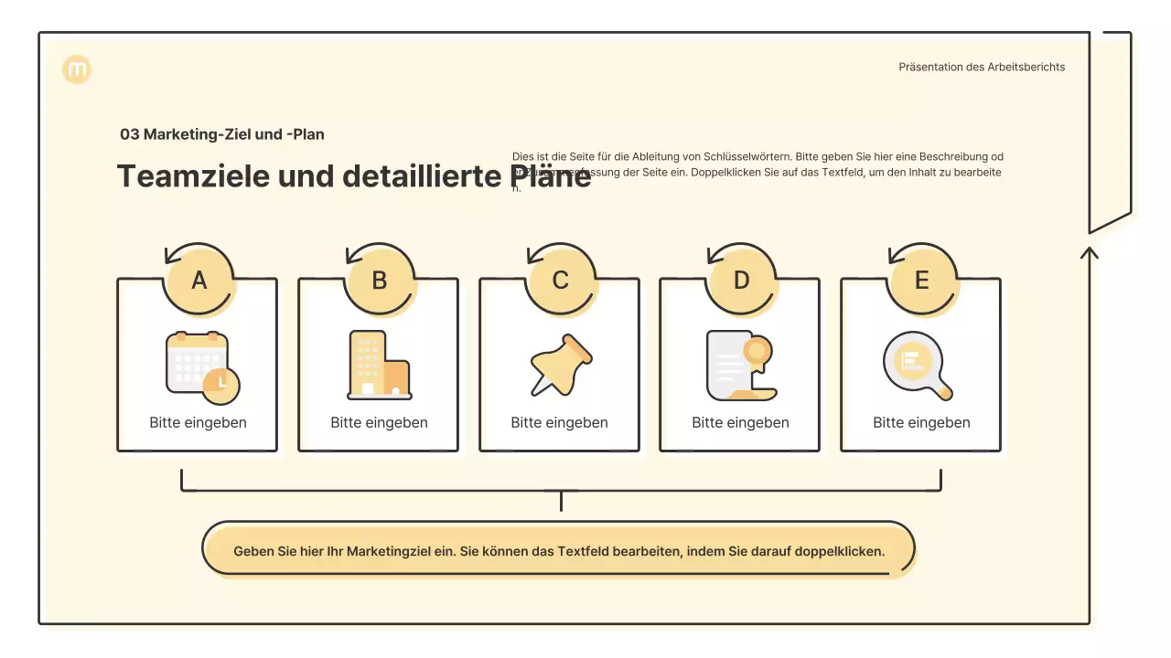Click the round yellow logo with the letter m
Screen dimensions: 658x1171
point(77,69)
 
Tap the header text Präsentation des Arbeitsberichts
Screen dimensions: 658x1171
point(982,67)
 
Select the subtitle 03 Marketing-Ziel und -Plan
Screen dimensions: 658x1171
point(222,134)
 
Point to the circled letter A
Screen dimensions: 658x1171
point(199,281)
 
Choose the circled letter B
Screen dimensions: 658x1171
point(379,281)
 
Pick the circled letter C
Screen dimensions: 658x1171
point(560,281)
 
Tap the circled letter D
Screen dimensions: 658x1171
point(741,281)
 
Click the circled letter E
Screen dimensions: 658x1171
point(921,281)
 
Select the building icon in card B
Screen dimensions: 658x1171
point(379,366)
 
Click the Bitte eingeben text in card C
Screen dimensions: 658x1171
point(559,423)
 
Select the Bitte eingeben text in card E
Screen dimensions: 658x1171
point(921,423)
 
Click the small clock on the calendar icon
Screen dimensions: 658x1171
point(221,384)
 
